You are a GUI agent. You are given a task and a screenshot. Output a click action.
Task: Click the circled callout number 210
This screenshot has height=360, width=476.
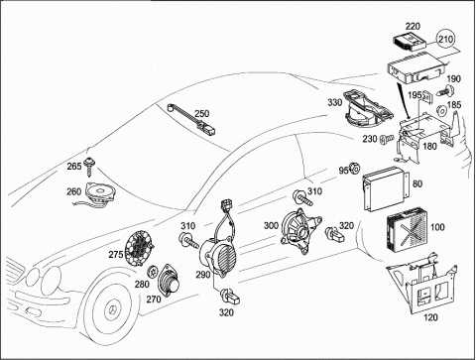(x=446, y=40)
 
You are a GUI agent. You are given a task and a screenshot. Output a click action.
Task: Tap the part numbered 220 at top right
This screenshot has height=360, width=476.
(x=409, y=42)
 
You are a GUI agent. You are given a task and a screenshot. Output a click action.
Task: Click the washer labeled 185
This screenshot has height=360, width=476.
(x=441, y=110)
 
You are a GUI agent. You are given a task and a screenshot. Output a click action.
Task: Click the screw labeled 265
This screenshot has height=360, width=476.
(x=89, y=167)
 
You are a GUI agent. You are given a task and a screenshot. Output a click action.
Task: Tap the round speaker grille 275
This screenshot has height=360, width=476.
(x=140, y=249)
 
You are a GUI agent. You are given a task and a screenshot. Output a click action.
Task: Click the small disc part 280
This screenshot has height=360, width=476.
(x=153, y=272)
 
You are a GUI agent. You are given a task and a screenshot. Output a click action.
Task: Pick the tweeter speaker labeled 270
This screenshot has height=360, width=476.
(x=170, y=282)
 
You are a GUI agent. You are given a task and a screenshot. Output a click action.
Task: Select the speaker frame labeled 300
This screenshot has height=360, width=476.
(x=299, y=231)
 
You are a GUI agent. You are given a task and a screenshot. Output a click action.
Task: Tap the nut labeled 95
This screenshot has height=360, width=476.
(x=355, y=169)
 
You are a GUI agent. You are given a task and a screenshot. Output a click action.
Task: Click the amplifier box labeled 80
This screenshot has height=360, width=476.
(x=386, y=188)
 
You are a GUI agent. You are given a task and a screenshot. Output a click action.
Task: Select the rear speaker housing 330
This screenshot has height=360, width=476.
(x=368, y=109)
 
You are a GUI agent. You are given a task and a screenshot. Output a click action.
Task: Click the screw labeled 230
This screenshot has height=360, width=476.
(x=387, y=140)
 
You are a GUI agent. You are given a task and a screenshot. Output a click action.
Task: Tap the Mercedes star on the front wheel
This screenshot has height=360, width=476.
(x=112, y=310)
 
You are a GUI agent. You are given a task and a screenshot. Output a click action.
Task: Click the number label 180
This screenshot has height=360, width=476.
(x=429, y=146)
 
